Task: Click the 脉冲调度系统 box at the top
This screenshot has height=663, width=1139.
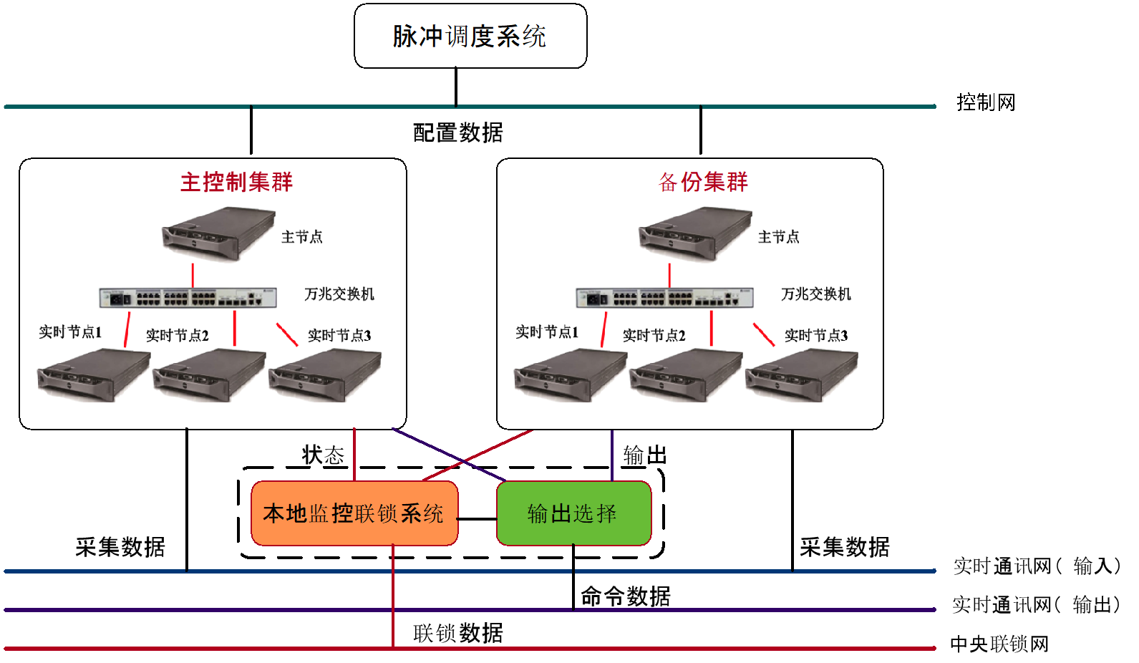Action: tap(470, 36)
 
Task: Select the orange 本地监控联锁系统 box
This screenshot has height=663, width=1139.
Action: tap(354, 513)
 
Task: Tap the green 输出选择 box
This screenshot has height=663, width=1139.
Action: tap(573, 513)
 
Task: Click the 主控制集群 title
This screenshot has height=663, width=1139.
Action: tap(236, 182)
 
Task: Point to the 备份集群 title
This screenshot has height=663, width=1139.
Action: tap(703, 182)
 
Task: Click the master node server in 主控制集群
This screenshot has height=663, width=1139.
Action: tap(219, 233)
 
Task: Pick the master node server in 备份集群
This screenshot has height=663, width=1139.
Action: tap(696, 233)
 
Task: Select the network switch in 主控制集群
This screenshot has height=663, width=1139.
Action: tap(188, 297)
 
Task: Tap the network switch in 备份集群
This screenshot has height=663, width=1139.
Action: tap(664, 297)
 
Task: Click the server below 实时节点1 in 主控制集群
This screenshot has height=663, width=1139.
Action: tap(93, 374)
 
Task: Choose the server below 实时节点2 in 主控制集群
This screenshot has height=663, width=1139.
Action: tap(209, 374)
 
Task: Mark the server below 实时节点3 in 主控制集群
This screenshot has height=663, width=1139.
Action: tap(325, 374)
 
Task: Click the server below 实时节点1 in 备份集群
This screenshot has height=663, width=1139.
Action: tap(570, 374)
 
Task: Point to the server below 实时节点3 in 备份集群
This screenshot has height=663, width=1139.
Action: tap(802, 374)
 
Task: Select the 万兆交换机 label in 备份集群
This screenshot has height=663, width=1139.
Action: tap(816, 294)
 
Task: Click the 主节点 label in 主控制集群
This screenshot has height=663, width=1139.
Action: tap(302, 237)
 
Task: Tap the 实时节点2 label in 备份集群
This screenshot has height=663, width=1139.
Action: tap(654, 336)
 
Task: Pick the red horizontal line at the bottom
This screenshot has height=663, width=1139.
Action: tap(573, 649)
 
